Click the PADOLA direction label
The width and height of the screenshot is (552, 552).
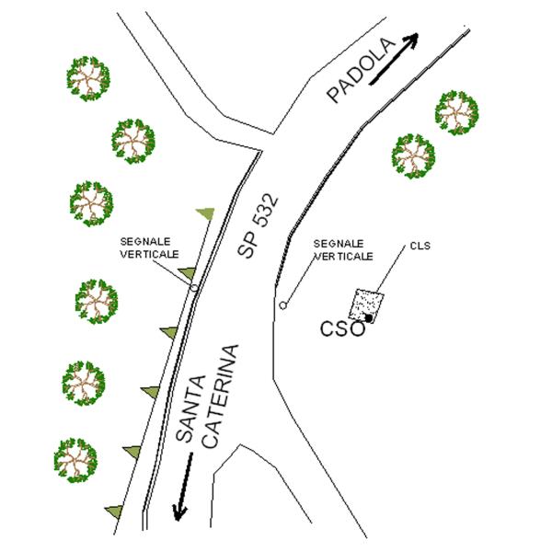[x=360, y=71]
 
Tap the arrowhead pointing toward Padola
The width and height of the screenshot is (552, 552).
[x=412, y=39]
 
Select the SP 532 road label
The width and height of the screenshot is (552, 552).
[x=258, y=225]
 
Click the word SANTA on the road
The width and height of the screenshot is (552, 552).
[x=190, y=408]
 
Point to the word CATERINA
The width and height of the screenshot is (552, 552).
[x=222, y=396]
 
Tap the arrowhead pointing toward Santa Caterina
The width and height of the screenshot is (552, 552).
[x=179, y=512]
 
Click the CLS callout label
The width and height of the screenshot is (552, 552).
[x=420, y=246]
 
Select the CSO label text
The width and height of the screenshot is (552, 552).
[x=342, y=329]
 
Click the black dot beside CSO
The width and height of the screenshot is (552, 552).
[x=369, y=318]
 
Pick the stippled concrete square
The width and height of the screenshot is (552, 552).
[x=366, y=305]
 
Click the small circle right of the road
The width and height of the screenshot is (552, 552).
[x=283, y=305]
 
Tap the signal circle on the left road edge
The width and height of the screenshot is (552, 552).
[x=194, y=288]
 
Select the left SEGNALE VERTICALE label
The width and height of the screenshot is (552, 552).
[x=150, y=247]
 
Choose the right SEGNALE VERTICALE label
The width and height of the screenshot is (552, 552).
[x=343, y=250]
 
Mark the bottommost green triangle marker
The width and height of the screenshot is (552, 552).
[x=115, y=512]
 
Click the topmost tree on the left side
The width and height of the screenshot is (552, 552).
[x=88, y=78]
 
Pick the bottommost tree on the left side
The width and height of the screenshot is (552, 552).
[x=75, y=461]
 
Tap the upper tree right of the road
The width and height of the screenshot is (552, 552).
[x=456, y=112]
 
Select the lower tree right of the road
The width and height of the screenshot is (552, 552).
[x=413, y=156]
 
